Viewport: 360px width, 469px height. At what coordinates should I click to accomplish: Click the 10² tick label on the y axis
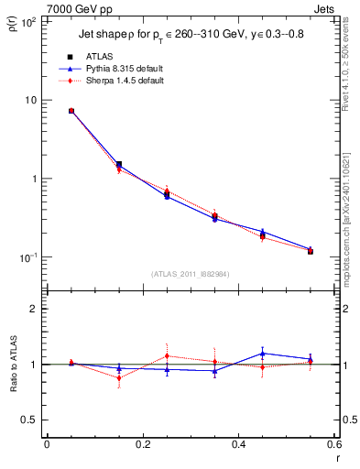[28, 21]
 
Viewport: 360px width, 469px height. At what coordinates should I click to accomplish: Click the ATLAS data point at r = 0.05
[71, 111]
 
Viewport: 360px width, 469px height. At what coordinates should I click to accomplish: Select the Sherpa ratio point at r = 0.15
[119, 377]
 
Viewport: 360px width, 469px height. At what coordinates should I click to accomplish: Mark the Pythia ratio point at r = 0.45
[262, 353]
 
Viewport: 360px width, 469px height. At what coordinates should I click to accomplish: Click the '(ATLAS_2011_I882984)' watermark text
[190, 273]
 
